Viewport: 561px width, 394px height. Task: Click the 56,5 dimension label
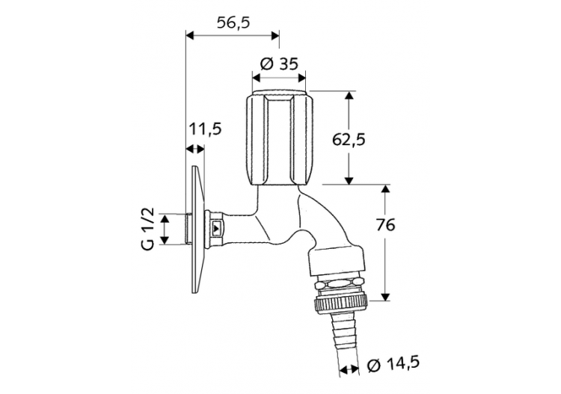tap(233, 22)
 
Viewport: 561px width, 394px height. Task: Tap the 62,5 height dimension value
tap(348, 138)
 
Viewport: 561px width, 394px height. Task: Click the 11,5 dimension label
tap(204, 129)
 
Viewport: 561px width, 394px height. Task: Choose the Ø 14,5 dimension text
tap(393, 365)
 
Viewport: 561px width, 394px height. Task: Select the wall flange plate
tap(197, 227)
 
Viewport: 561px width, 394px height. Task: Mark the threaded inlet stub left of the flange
tap(188, 229)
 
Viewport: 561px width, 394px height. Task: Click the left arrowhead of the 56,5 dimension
tap(188, 34)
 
